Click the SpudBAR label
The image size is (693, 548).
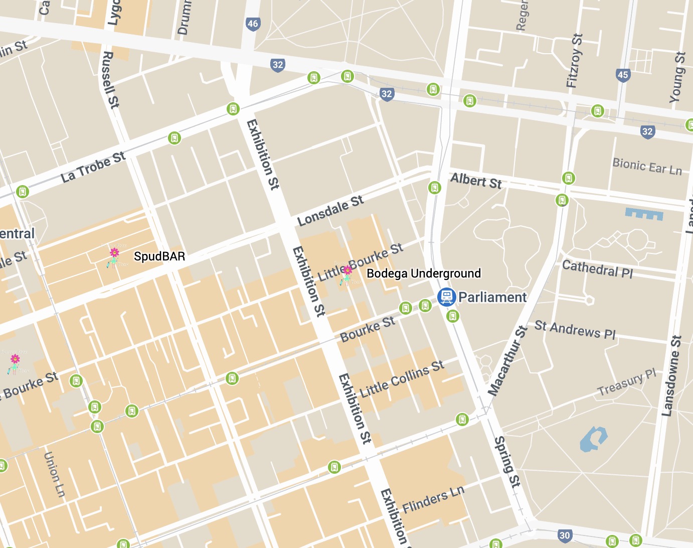(x=159, y=256)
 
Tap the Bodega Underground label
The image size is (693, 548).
(x=424, y=273)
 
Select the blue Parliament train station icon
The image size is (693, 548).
(x=446, y=297)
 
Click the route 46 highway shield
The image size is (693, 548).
(x=253, y=24)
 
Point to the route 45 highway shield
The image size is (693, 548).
(x=623, y=75)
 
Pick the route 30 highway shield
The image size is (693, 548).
(x=565, y=535)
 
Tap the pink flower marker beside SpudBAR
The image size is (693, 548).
(x=114, y=252)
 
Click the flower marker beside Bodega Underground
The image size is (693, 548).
(x=347, y=271)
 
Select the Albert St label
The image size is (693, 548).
(x=476, y=181)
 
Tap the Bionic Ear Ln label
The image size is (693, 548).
(x=647, y=167)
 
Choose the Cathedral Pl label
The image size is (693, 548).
(x=597, y=269)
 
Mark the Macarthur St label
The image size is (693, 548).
(x=508, y=360)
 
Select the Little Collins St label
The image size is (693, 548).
(x=402, y=379)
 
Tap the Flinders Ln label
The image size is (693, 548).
(x=433, y=499)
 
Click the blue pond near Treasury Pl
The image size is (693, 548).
(x=593, y=440)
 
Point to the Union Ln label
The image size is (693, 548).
(x=54, y=474)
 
